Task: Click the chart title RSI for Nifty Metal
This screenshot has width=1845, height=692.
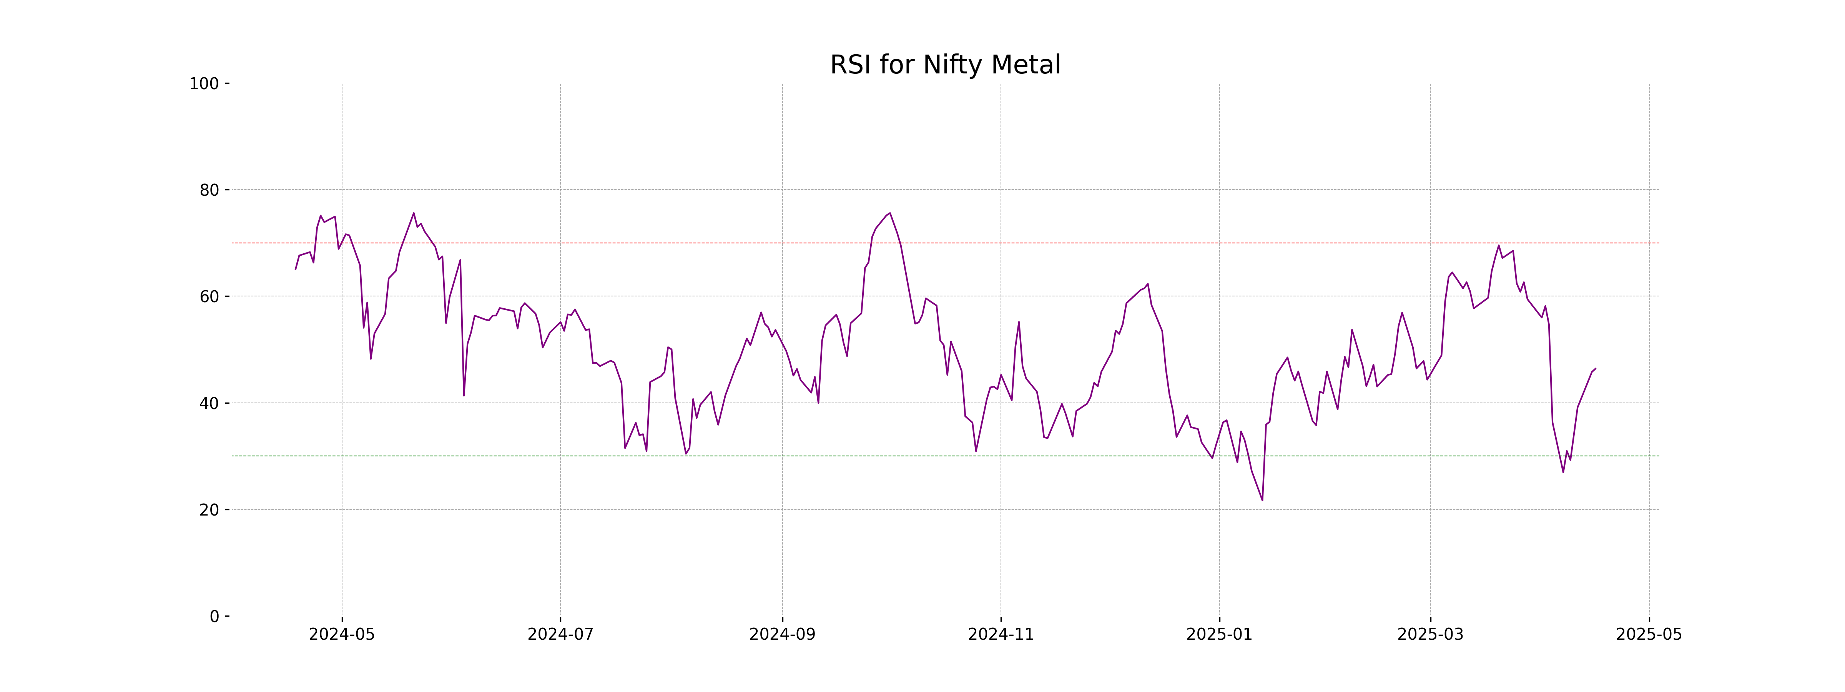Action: (x=945, y=65)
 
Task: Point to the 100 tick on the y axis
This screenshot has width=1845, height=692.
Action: (x=204, y=84)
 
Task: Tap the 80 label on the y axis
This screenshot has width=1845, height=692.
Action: (x=209, y=191)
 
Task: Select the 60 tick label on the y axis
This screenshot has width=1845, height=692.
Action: (x=209, y=296)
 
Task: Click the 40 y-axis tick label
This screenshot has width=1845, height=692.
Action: (x=209, y=403)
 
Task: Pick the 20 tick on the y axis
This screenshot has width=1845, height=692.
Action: (x=209, y=510)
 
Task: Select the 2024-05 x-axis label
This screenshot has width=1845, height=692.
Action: (x=342, y=635)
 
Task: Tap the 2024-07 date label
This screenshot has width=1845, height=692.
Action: (x=560, y=635)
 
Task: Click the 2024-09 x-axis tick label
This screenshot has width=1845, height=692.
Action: (x=782, y=635)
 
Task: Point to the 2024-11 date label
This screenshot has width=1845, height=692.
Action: (x=1001, y=635)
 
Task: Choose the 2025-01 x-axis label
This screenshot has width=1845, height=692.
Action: (x=1219, y=635)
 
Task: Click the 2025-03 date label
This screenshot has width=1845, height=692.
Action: (x=1430, y=635)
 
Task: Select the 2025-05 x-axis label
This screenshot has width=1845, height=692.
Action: (x=1649, y=635)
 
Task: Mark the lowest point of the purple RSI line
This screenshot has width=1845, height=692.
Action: (x=1262, y=500)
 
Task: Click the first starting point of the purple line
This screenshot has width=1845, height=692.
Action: (x=296, y=269)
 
